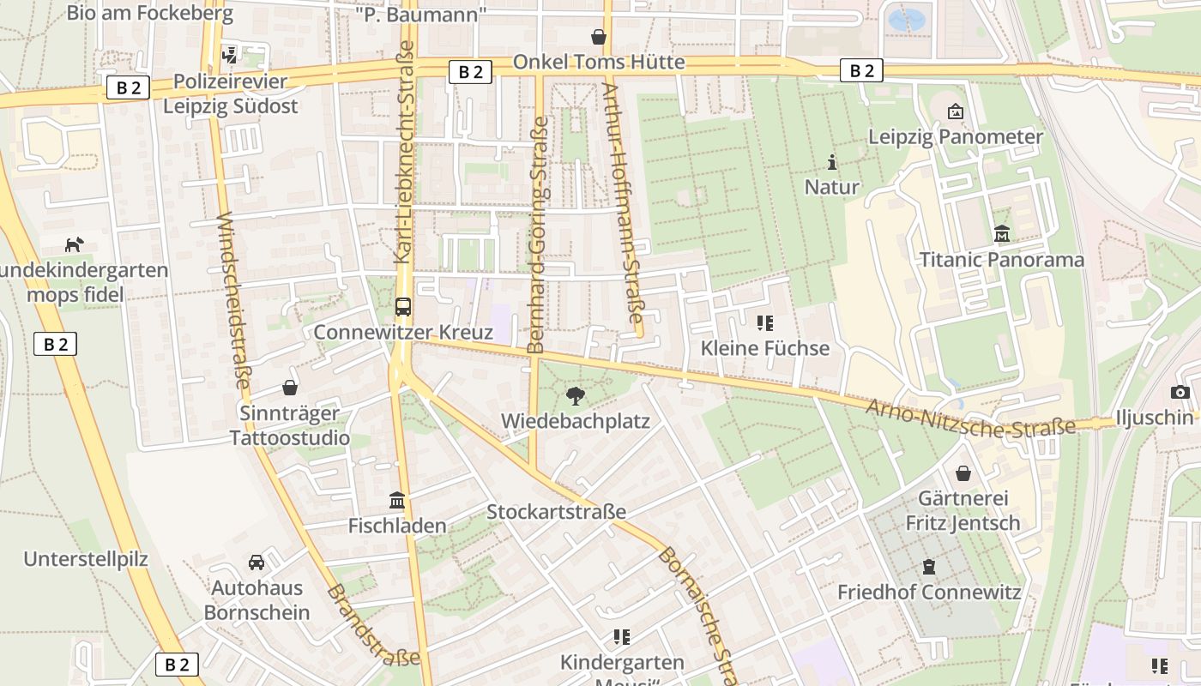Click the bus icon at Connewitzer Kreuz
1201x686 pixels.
402,306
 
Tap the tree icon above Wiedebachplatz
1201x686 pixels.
576,395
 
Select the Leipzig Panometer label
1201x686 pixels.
956,136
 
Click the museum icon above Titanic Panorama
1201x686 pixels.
1001,233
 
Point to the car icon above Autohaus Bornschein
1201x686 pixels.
256,563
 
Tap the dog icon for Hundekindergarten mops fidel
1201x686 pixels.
75,245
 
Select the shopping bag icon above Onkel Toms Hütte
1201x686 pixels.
598,37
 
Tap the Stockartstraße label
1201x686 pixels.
556,512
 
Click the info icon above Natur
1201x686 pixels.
831,161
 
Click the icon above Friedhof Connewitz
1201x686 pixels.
928,567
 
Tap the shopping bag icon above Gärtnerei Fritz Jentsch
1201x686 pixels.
963,473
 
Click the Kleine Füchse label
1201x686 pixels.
765,348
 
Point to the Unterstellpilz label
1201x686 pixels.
86,560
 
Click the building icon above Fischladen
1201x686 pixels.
396,500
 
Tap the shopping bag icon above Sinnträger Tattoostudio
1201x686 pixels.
290,388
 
